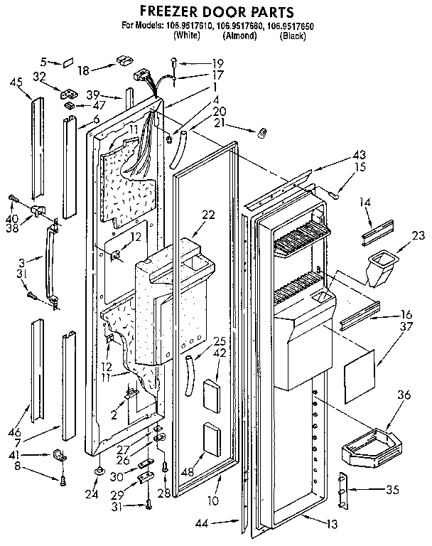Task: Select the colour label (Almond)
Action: pyautogui.click(x=239, y=35)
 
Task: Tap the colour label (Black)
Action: pyautogui.click(x=293, y=35)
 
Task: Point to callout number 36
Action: pyautogui.click(x=404, y=395)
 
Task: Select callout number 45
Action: pyautogui.click(x=16, y=80)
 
